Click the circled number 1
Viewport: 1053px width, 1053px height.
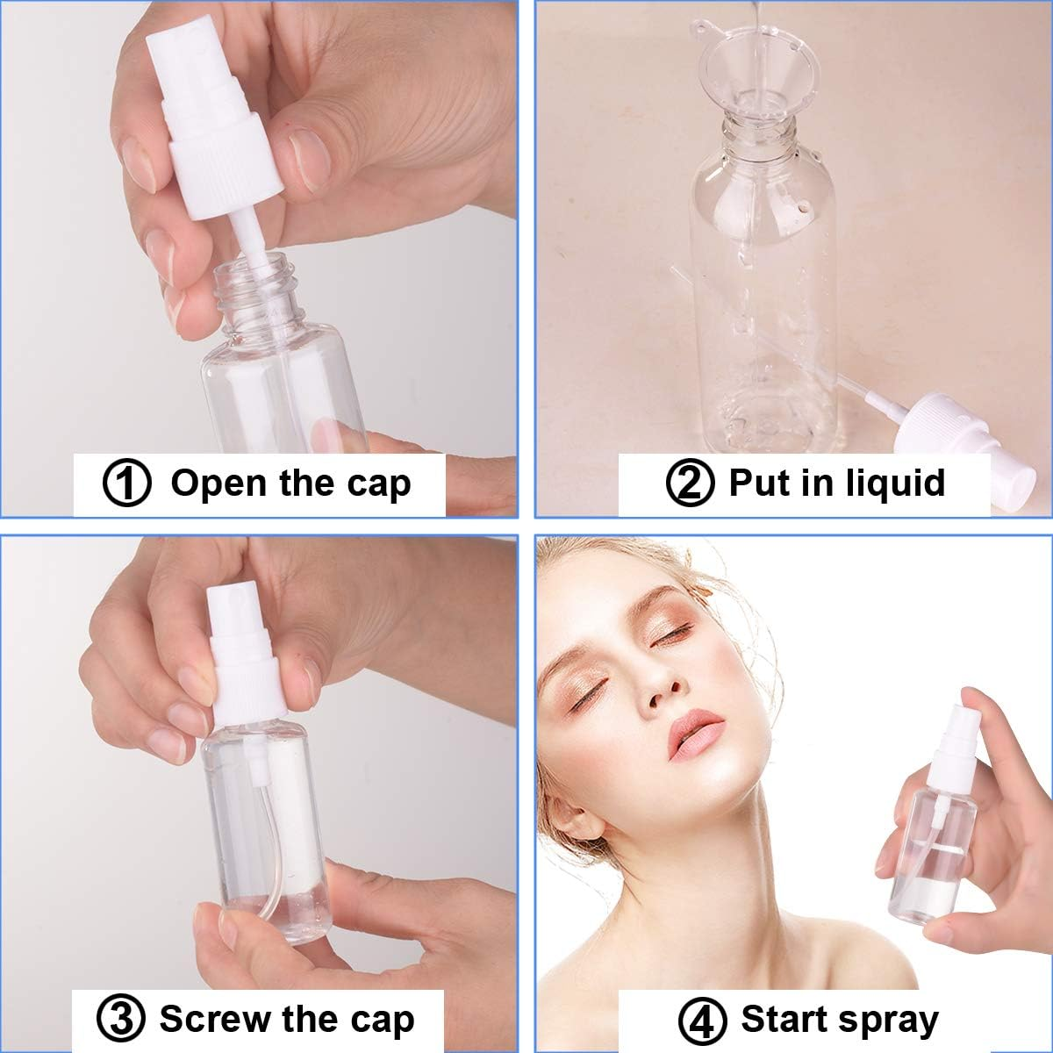click(x=127, y=484)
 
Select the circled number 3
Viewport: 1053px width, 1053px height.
click(x=120, y=1020)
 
